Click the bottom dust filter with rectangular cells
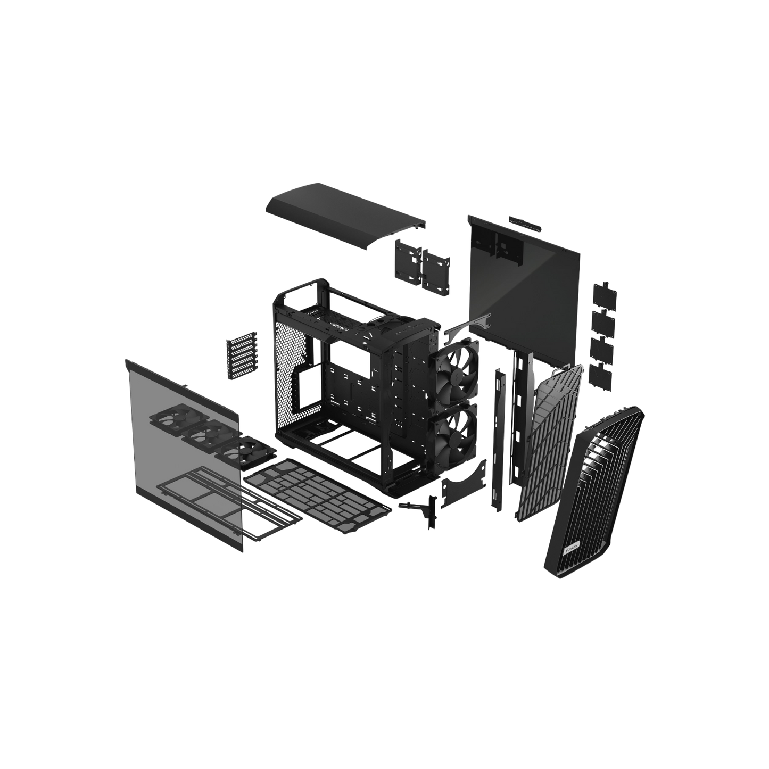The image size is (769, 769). [319, 492]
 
